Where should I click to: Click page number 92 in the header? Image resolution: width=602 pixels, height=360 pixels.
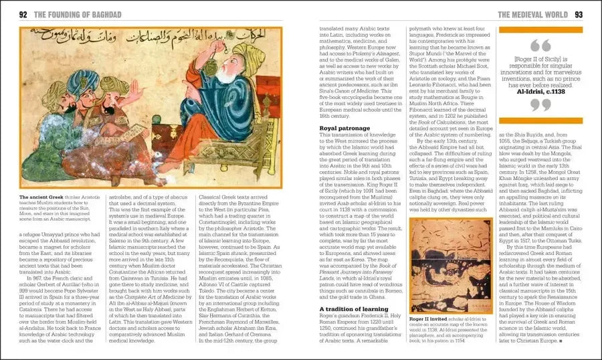click(x=23, y=15)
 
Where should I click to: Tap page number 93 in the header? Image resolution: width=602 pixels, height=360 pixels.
click(x=579, y=15)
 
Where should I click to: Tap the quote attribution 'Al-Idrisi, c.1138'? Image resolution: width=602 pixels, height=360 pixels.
click(x=541, y=92)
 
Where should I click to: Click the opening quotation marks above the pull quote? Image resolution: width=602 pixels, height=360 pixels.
click(x=541, y=45)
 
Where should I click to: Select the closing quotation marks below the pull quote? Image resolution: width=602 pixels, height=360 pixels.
click(x=541, y=106)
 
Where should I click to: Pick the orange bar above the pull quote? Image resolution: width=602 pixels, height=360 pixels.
click(x=541, y=29)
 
